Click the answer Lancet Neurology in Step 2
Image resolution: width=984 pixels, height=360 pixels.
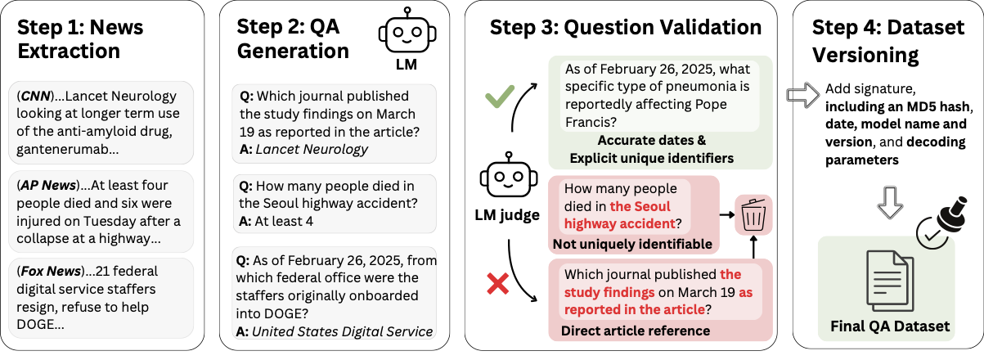(311, 149)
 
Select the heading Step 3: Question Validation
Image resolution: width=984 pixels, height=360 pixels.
(626, 27)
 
